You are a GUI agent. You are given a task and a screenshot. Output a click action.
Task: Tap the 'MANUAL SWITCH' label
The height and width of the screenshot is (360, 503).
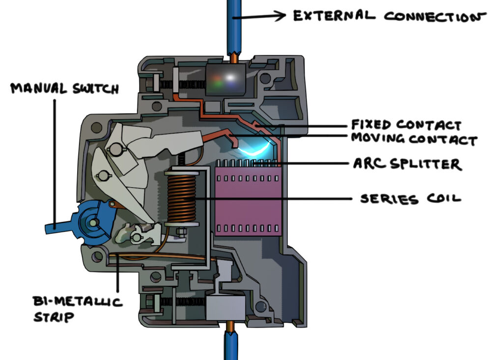pyautogui.click(x=64, y=88)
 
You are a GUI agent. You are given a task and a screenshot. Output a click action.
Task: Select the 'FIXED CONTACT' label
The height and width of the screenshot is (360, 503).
pyautogui.click(x=406, y=124)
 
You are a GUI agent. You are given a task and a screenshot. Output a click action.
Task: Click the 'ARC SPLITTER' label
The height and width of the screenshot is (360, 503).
pyautogui.click(x=407, y=164)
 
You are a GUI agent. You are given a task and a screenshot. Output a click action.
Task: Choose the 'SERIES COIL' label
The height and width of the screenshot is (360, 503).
pyautogui.click(x=411, y=199)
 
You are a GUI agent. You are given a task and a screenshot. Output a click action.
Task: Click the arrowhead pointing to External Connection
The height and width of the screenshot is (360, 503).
pyautogui.click(x=280, y=16)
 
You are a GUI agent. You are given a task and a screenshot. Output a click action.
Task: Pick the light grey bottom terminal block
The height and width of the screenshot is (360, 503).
pyautogui.click(x=224, y=306)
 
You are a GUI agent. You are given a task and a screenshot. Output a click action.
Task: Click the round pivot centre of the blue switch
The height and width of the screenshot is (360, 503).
pyautogui.click(x=92, y=224)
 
